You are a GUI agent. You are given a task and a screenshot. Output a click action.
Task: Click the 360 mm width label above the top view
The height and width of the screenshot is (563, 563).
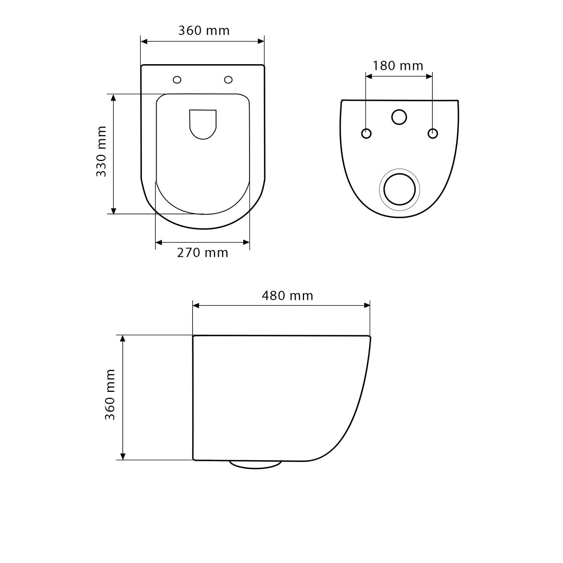tap(204, 30)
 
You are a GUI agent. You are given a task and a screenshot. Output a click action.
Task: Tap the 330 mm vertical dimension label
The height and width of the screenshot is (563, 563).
tap(101, 151)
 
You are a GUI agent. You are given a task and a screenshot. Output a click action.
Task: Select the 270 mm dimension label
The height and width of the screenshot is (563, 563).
tap(203, 253)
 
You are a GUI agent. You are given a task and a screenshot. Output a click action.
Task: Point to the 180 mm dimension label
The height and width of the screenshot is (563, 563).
tap(398, 66)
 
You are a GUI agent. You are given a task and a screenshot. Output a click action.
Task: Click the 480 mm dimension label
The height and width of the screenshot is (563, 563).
tap(288, 296)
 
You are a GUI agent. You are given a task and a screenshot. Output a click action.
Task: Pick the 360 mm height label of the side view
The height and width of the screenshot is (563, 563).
tap(110, 394)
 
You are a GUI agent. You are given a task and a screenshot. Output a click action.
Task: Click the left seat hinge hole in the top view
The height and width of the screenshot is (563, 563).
tap(177, 80)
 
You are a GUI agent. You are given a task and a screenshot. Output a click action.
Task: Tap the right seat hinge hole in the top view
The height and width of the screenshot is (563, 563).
tap(228, 80)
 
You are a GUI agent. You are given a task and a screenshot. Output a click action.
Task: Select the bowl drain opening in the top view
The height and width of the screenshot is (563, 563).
tap(203, 125)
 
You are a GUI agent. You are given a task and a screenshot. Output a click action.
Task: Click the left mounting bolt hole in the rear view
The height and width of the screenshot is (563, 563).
tap(366, 133)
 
